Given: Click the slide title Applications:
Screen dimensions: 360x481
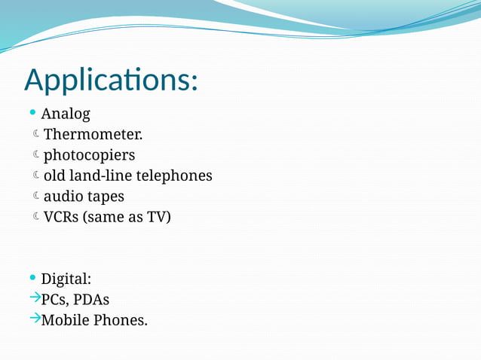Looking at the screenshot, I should [111, 80].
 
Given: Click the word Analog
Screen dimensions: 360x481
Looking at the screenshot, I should [66, 114].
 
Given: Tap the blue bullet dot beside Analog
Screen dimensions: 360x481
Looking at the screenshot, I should [32, 113].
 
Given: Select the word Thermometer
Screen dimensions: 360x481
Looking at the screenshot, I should [93, 135].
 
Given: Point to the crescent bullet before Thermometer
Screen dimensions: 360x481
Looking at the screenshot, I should [36, 135].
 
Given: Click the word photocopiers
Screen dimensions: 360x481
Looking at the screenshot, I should [89, 156].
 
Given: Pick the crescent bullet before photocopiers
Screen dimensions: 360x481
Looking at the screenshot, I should [36, 155].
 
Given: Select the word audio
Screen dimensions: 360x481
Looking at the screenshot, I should [63, 197].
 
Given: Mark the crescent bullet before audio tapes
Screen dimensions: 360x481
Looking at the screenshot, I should [36, 197].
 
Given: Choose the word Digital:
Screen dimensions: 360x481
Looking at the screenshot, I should [66, 279].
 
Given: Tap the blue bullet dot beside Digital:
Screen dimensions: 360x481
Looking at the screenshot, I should [32, 277].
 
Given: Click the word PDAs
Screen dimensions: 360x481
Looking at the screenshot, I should [92, 300].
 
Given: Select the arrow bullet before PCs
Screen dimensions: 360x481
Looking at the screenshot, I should [34, 298].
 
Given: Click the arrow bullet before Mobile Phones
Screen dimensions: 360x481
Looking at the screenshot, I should [34, 319].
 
